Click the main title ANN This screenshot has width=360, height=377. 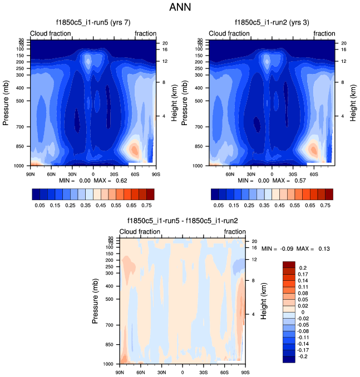click(180, 8)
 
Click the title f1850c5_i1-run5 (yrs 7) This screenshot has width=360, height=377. click(93, 23)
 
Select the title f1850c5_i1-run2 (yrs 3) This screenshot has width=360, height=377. click(272, 23)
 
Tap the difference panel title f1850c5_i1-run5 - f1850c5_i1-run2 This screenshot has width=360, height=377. click(183, 221)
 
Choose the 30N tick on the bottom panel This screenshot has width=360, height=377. click(161, 372)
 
